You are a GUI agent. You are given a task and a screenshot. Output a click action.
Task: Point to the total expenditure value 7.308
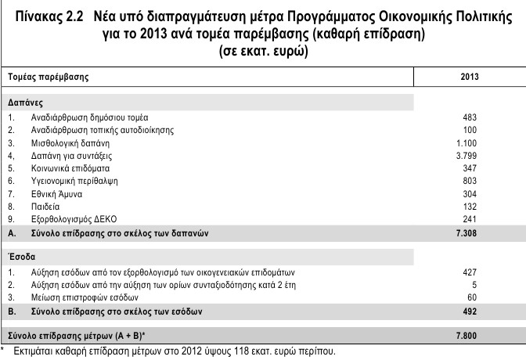click(x=466, y=233)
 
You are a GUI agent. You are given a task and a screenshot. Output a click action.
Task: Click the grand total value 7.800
click(x=466, y=337)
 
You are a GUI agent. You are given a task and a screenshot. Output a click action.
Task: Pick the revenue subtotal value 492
click(x=470, y=311)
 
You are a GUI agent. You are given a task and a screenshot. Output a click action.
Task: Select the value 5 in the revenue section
click(x=474, y=285)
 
